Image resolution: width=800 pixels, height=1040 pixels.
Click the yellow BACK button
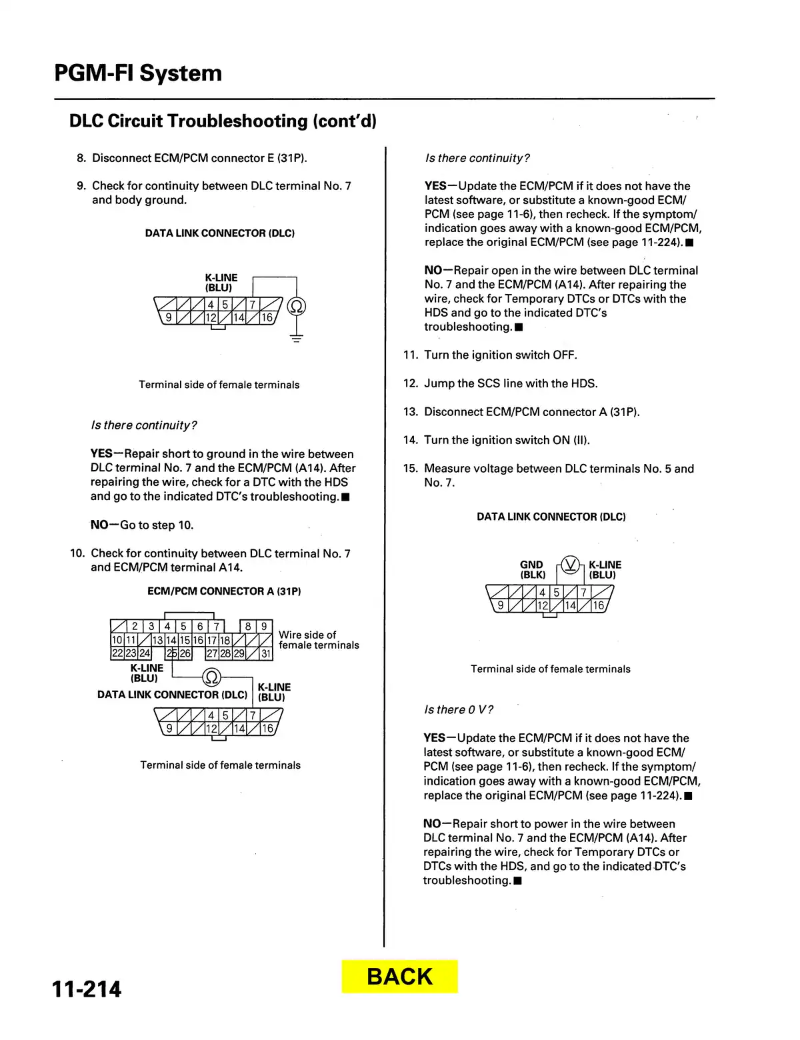pyautogui.click(x=399, y=977)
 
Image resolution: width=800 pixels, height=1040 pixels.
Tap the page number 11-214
pyautogui.click(x=87, y=989)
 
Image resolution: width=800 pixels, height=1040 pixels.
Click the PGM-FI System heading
pyautogui.click(x=138, y=73)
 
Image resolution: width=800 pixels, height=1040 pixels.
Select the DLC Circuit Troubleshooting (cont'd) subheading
pyautogui.click(x=223, y=121)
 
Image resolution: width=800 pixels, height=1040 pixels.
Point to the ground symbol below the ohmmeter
pyautogui.click(x=297, y=338)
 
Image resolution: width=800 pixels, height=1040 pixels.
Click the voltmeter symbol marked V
pyautogui.click(x=570, y=565)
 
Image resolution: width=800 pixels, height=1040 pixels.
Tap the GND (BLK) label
pyautogui.click(x=532, y=570)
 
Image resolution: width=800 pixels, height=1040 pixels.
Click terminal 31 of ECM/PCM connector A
pyautogui.click(x=266, y=654)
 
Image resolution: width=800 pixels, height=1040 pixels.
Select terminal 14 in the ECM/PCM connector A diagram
pyautogui.click(x=171, y=640)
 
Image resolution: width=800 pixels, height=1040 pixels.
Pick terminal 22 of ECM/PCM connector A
pyautogui.click(x=117, y=654)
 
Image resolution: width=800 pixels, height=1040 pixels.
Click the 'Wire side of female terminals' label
pyautogui.click(x=318, y=640)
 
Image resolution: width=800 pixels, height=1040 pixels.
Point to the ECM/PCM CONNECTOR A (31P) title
pyautogui.click(x=224, y=591)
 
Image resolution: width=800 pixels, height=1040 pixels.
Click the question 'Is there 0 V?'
pyautogui.click(x=459, y=710)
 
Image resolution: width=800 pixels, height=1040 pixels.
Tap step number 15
pyautogui.click(x=410, y=469)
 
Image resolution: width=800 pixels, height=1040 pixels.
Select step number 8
pyautogui.click(x=81, y=158)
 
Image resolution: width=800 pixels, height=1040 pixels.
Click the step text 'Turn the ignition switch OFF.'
pyautogui.click(x=501, y=355)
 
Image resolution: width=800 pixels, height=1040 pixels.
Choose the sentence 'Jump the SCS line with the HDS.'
pyautogui.click(x=511, y=383)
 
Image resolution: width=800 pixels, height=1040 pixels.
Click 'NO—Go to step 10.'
pyautogui.click(x=142, y=525)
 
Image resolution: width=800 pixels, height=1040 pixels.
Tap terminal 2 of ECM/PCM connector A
pyautogui.click(x=135, y=626)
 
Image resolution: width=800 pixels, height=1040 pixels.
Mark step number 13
pyautogui.click(x=410, y=412)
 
